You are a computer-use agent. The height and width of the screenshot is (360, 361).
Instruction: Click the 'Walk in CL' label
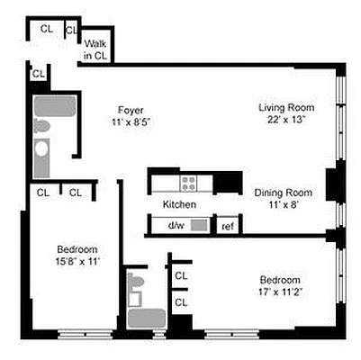click(x=95, y=49)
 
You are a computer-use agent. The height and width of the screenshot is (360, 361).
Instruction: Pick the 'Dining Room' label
click(x=283, y=193)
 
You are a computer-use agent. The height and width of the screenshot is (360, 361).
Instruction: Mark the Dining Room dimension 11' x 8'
click(x=283, y=204)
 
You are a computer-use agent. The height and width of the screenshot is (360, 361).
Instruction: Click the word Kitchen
click(x=179, y=205)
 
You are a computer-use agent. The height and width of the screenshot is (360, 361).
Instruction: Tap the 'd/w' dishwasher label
click(x=175, y=225)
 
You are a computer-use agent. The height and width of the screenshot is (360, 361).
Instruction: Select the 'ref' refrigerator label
click(x=228, y=225)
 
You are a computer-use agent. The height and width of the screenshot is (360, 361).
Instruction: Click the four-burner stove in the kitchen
click(x=189, y=183)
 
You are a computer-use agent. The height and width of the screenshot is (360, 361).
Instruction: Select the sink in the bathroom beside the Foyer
click(x=41, y=162)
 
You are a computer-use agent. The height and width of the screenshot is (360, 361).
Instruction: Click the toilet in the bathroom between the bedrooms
click(x=137, y=286)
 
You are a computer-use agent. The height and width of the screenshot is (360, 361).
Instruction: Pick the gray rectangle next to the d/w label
click(x=200, y=225)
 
